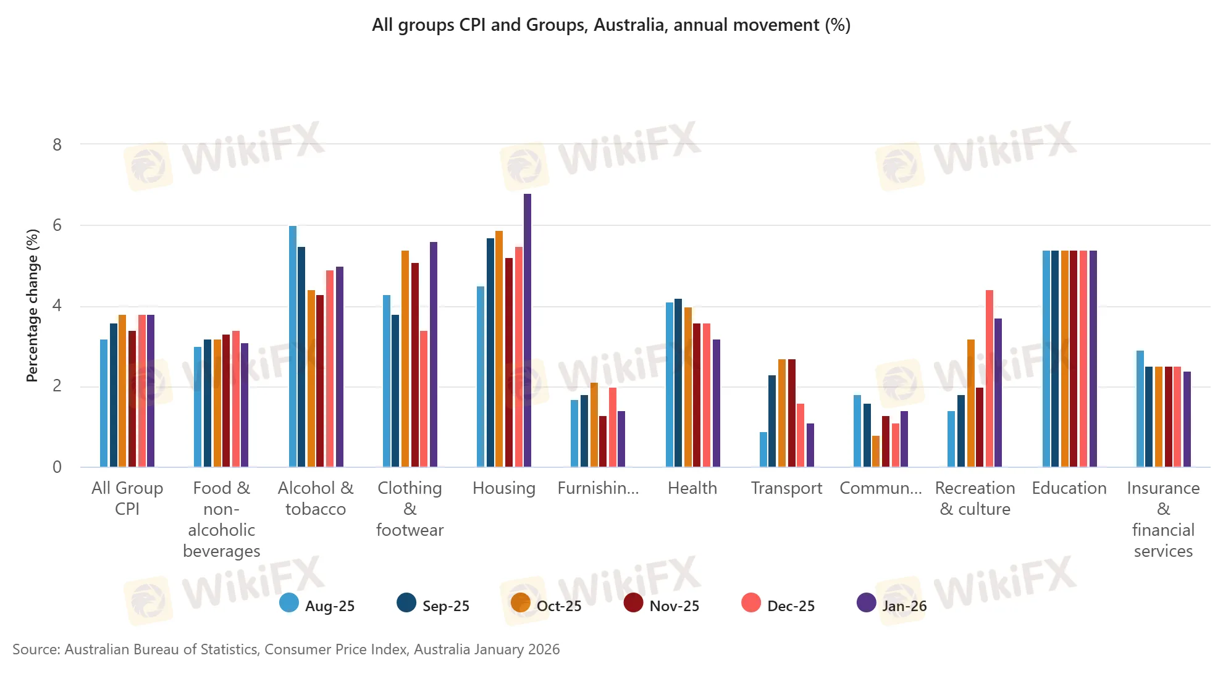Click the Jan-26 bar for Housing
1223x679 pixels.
tap(527, 330)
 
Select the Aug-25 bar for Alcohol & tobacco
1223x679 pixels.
tap(293, 346)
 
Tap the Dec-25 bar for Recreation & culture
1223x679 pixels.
tap(990, 378)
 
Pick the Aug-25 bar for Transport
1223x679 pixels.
tap(763, 449)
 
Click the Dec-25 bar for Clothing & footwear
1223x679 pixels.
tap(424, 399)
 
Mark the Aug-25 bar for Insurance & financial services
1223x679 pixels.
tap(1140, 409)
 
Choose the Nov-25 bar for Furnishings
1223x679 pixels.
tap(603, 441)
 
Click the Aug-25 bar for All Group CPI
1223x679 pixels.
tap(104, 403)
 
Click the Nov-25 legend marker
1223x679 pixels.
tap(633, 603)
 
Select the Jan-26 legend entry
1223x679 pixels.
tap(892, 605)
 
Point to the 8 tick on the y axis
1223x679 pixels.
tap(57, 145)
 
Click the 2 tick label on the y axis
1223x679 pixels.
tap(57, 386)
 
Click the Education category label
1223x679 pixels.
tap(1069, 488)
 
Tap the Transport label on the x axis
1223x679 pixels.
tap(786, 488)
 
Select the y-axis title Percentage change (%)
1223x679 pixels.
tap(33, 306)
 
